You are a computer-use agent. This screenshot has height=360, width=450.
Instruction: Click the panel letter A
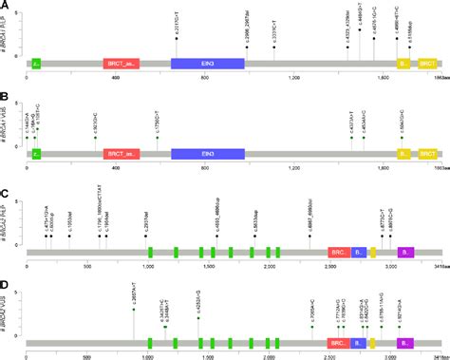click(x=7, y=8)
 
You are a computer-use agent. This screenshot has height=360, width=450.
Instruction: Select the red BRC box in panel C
click(x=338, y=225)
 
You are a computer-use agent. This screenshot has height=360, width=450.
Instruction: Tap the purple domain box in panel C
click(x=405, y=225)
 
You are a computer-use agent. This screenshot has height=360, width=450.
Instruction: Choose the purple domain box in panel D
click(x=405, y=316)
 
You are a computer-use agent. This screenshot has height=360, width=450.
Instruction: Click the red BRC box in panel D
click(x=338, y=316)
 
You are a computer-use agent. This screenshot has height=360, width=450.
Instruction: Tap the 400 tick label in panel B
click(x=115, y=168)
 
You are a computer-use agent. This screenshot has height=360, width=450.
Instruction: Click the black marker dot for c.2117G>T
click(x=176, y=37)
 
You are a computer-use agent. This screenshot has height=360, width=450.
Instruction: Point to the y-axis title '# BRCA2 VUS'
click(x=7, y=301)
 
